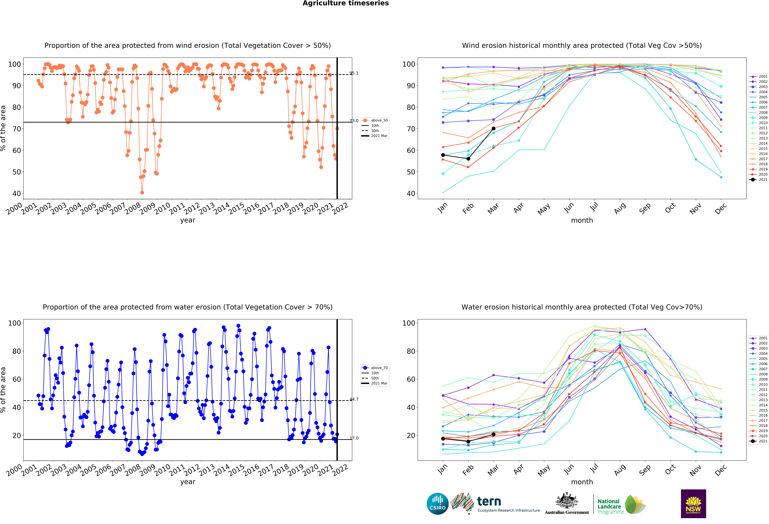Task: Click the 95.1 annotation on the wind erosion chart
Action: coord(354,73)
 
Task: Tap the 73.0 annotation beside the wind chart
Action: coord(354,121)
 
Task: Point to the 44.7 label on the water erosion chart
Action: coord(354,399)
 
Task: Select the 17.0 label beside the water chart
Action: coord(354,438)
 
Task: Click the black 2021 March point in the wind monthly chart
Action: coord(493,128)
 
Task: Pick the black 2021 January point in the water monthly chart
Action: coord(443,439)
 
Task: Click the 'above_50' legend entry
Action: coord(375,120)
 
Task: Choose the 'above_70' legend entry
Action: coord(375,368)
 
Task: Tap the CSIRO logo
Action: coord(437,504)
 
